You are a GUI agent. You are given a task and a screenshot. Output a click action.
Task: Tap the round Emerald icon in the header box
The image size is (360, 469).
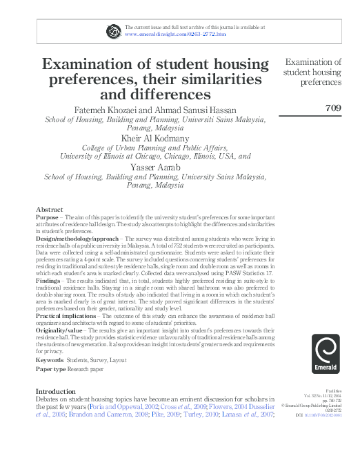[113, 30]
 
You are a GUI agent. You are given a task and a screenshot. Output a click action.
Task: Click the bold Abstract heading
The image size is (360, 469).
[50, 208]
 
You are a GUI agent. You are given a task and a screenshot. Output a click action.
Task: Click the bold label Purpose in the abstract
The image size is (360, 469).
[47, 217]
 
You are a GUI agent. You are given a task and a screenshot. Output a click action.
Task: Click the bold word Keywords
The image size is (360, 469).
[50, 360]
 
